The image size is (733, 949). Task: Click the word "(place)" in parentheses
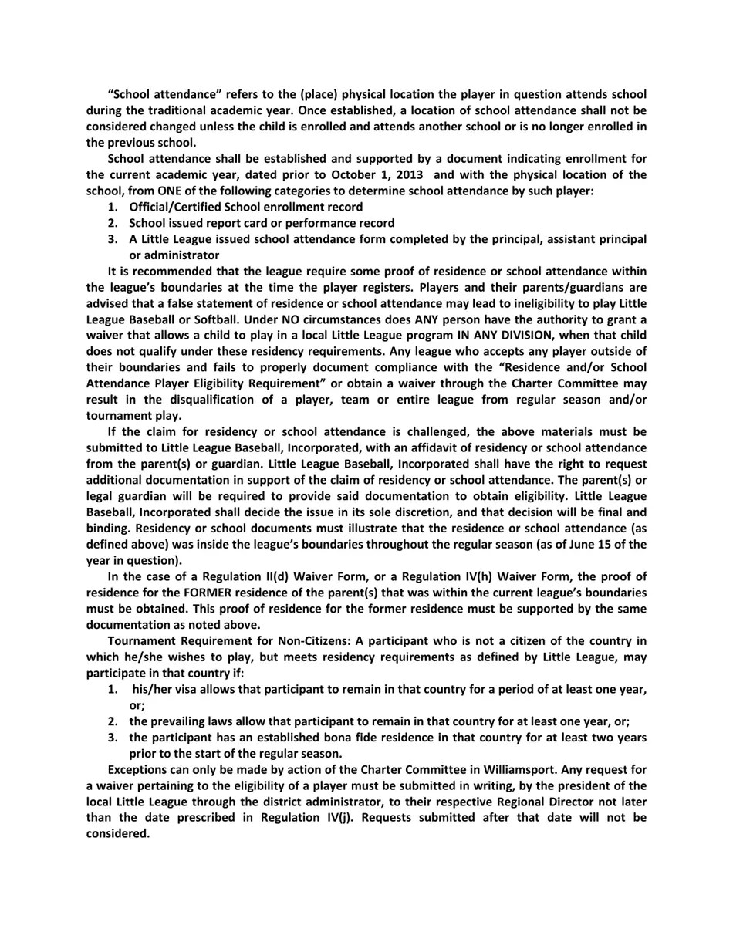tap(292, 94)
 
